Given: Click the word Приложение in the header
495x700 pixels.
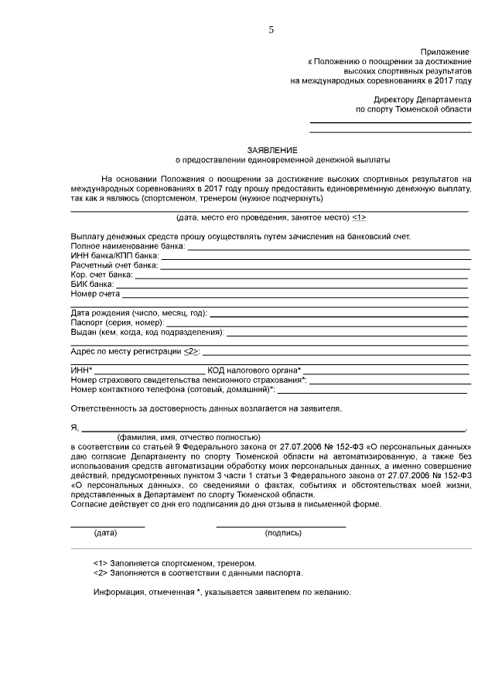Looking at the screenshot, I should coord(445,50).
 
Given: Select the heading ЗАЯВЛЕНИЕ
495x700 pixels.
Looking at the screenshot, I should coord(272,149).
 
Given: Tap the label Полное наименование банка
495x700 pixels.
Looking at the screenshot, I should coord(127,246).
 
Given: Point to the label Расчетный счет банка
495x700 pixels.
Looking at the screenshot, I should coord(114,265).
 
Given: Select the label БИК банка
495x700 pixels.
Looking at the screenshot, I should coord(92,284).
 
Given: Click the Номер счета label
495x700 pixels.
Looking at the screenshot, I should coord(95,294).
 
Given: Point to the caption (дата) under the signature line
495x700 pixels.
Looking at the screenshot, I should coord(105,534).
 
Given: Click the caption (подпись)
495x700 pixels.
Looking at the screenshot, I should coord(282,534).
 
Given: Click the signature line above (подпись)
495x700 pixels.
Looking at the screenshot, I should coord(281,526).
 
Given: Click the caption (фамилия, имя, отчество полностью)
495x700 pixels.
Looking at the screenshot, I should coord(183,437).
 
